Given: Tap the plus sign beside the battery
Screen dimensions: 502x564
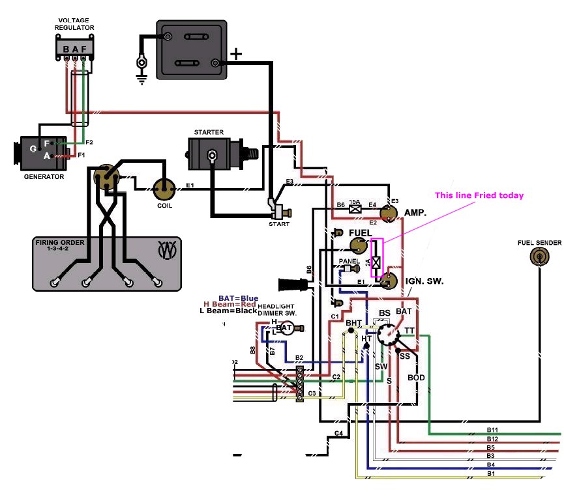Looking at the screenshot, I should [x=237, y=54].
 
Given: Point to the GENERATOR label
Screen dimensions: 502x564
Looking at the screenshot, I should [x=44, y=176].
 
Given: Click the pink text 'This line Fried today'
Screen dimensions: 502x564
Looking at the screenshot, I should [x=479, y=195].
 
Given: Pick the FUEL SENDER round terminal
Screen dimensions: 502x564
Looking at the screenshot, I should [x=539, y=257].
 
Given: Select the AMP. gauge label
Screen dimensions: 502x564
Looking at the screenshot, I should [x=415, y=213].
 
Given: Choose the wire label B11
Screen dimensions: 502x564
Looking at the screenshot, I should [x=492, y=430].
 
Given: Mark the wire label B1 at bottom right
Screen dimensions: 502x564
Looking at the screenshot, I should [x=490, y=473].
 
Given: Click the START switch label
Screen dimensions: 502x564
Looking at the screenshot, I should [x=279, y=224].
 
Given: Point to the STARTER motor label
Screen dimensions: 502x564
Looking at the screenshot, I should [x=209, y=132].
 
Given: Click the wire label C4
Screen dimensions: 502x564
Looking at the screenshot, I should [x=338, y=433].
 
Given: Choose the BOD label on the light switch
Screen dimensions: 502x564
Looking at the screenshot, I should [x=416, y=378].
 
